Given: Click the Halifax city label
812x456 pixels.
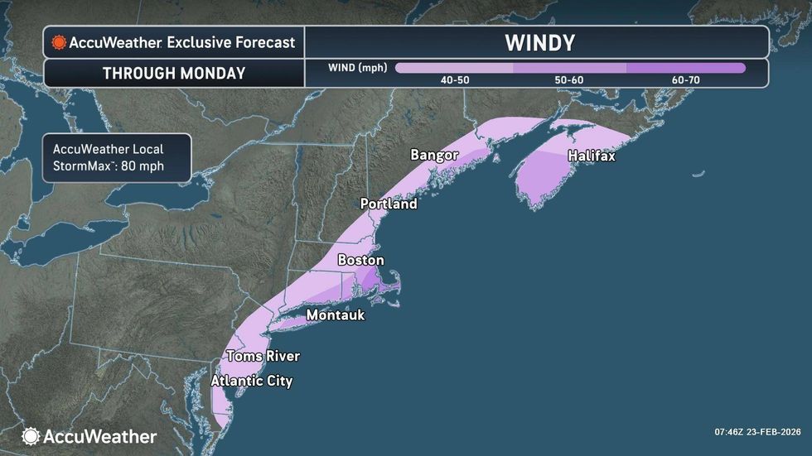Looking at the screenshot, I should [x=592, y=156].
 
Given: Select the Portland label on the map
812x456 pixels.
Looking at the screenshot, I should [x=388, y=204].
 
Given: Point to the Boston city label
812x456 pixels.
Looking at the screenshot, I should [x=360, y=260].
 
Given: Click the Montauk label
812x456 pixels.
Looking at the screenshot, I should [x=335, y=315].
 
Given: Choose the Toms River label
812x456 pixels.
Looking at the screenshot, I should [x=263, y=356].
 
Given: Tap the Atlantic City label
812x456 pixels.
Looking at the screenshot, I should [x=252, y=381].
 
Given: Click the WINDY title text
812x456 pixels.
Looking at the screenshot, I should [x=539, y=42].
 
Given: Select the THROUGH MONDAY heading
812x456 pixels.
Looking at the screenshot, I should [x=174, y=73].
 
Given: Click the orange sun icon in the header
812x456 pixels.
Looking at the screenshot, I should [x=58, y=42].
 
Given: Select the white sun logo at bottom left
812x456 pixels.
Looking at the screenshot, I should [x=31, y=436].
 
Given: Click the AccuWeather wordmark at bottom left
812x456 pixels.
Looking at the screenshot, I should [x=99, y=436].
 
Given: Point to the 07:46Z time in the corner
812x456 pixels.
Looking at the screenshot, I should [x=729, y=431].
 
